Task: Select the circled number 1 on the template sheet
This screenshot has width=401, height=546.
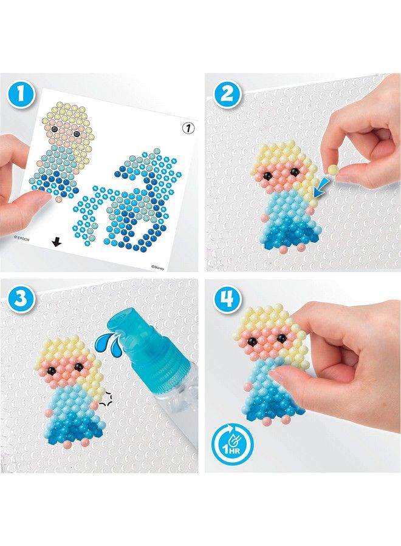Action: [x=187, y=128]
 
